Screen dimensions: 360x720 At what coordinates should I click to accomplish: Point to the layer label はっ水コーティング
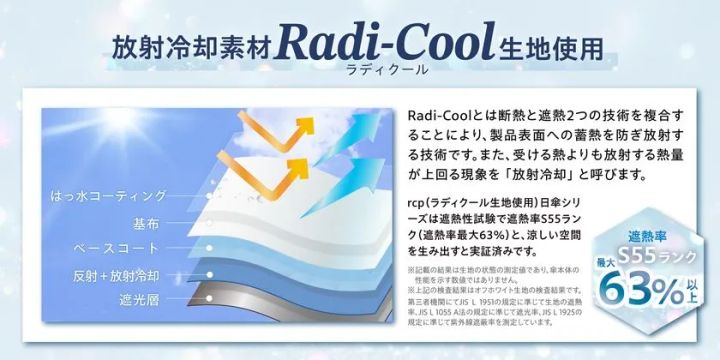pyautogui.click(x=116, y=194)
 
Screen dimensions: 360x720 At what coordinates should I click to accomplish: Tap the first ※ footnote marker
pyautogui.click(x=411, y=269)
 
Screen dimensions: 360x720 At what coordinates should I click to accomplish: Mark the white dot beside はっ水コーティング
pyautogui.click(x=201, y=194)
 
